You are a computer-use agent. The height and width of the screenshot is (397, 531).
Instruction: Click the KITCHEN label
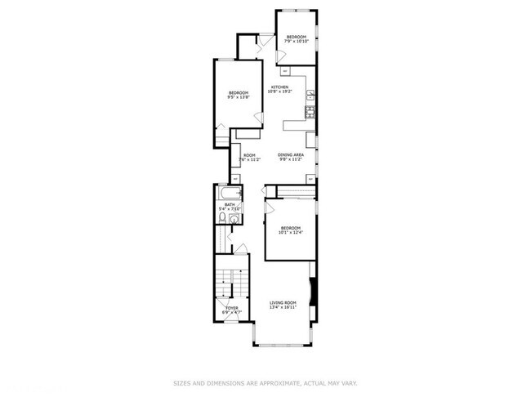tap(279, 87)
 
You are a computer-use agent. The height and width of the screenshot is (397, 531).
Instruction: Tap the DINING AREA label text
tap(290, 155)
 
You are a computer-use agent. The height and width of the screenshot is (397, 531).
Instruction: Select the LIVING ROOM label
tap(283, 303)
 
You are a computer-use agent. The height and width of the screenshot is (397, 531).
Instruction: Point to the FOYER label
tap(232, 308)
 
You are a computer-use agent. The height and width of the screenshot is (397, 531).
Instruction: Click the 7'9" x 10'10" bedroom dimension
tap(295, 42)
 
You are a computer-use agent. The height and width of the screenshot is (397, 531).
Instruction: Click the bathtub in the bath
tap(225, 194)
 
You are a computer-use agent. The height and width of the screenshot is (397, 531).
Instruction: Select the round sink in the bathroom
tap(236, 208)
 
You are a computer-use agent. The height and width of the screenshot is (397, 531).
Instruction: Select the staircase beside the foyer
tap(224, 285)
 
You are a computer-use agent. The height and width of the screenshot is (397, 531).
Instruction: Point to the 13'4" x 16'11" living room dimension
tap(283, 308)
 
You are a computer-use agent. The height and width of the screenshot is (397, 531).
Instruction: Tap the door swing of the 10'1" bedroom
tap(270, 209)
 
